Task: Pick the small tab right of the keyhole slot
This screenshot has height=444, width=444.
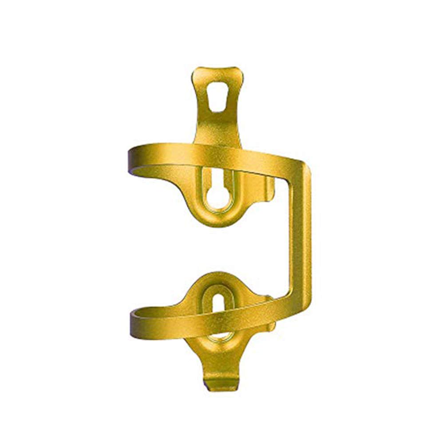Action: coord(269,186)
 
